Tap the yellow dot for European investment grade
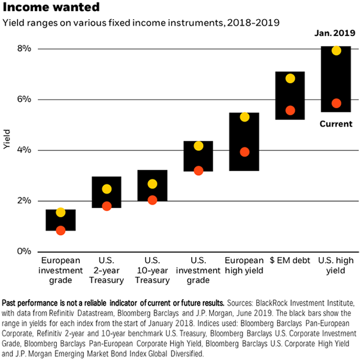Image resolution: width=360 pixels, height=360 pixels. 61,212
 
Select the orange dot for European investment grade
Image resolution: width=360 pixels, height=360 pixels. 61,230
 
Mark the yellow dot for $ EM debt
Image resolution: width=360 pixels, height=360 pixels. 290,78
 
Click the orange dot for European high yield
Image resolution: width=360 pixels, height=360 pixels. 244,151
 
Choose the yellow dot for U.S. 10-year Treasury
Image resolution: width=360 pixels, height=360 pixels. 152,184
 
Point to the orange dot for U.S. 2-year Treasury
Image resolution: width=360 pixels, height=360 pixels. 106,206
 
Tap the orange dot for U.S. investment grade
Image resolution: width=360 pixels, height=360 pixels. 198,170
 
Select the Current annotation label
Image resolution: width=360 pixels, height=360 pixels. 335,124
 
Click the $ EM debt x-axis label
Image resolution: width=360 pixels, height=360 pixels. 290,260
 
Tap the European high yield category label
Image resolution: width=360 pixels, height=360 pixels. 244,265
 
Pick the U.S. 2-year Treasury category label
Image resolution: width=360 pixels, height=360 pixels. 106,269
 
